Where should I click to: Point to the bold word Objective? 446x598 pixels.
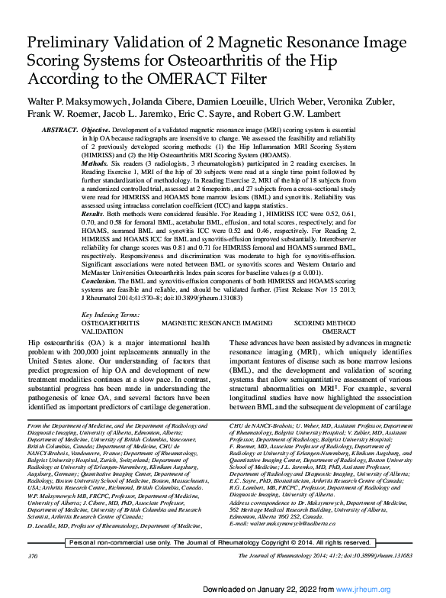pos(97,132)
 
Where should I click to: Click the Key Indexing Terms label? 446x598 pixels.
pos(110,315)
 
